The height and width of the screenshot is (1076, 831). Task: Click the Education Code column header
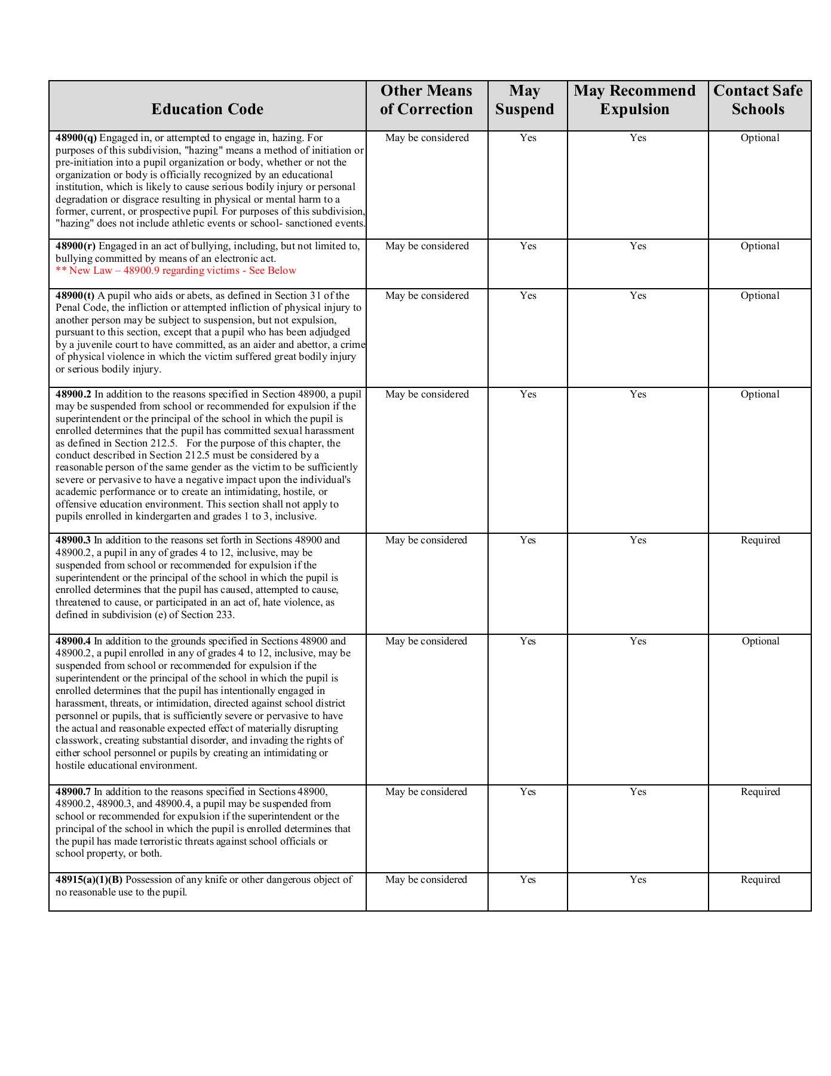point(207,109)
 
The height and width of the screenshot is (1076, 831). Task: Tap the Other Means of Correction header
point(427,100)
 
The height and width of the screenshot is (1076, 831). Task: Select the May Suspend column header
point(525,100)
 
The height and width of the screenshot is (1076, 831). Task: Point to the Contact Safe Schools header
point(758,100)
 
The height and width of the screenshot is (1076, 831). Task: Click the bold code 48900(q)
point(76,138)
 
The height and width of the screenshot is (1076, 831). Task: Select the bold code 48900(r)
point(75,246)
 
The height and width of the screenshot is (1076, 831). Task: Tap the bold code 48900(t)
point(75,296)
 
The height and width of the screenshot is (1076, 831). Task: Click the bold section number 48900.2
point(73,395)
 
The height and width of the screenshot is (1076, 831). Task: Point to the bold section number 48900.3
point(73,540)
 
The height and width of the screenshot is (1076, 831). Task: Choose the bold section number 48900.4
point(73,641)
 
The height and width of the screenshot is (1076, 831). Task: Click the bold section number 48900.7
point(73,792)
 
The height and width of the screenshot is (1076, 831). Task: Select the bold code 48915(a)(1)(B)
point(89,880)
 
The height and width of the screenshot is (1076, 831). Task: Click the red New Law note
point(176,271)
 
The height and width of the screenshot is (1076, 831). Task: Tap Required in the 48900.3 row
point(760,540)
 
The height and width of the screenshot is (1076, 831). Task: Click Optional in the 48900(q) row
point(760,138)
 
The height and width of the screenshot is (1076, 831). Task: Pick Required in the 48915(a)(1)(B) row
point(760,880)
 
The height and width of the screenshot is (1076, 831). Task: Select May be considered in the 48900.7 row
point(427,792)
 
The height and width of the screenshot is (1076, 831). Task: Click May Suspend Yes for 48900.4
point(528,641)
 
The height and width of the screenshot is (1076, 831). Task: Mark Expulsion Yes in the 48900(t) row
point(637,296)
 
